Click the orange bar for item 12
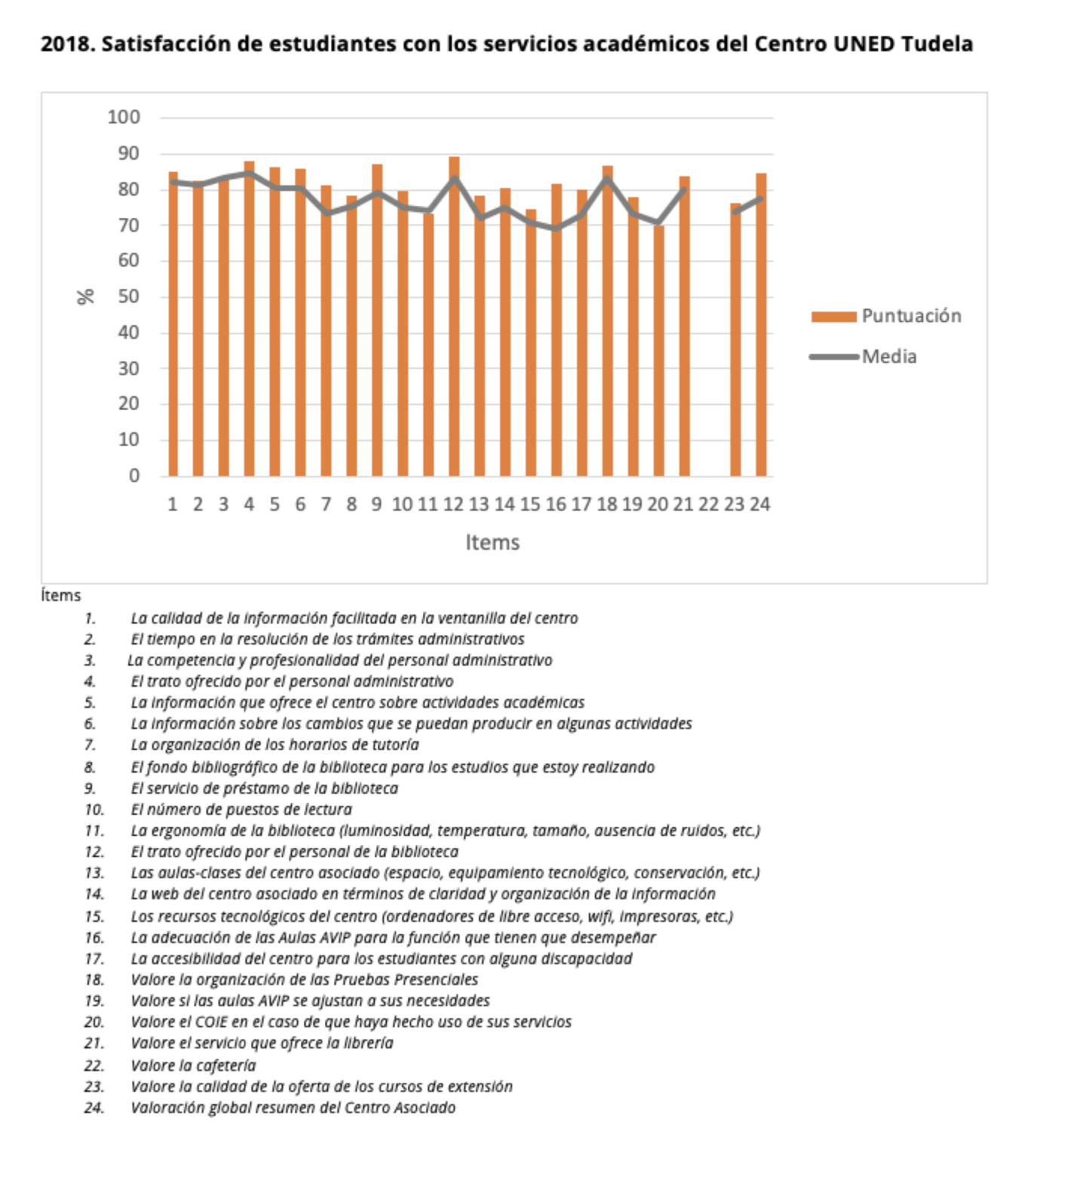(x=454, y=316)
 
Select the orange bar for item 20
(x=659, y=350)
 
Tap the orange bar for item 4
(x=249, y=318)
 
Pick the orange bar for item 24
(x=762, y=324)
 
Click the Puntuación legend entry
(x=886, y=316)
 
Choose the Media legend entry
(x=864, y=357)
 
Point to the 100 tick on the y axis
(x=124, y=117)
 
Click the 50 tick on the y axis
(x=129, y=297)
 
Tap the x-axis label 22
(x=709, y=505)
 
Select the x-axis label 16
(x=556, y=505)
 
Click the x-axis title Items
(x=493, y=542)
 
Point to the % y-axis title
(x=86, y=297)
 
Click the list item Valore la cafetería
(x=193, y=1065)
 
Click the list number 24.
(x=94, y=1108)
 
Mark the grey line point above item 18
(x=608, y=178)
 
